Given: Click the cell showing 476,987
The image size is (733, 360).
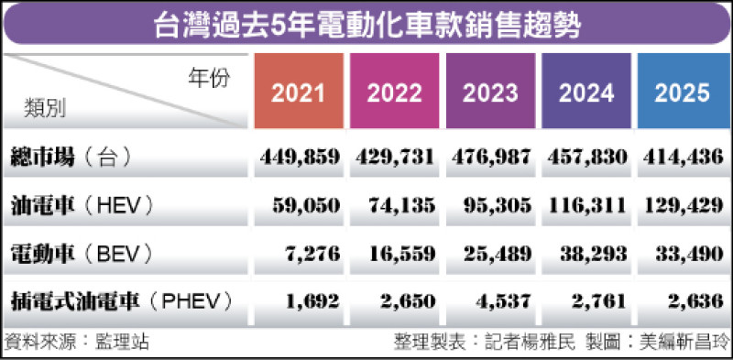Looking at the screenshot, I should (x=491, y=157).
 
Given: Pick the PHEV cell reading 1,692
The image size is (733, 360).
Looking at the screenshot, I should (x=314, y=300).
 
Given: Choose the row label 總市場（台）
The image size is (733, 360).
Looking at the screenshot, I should (x=70, y=157).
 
